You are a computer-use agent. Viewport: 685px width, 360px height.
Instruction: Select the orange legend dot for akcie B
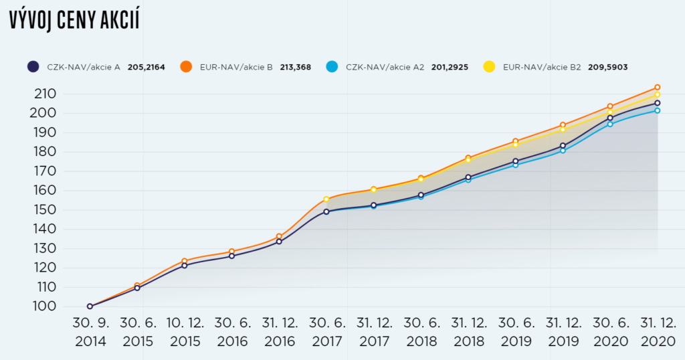point(186,66)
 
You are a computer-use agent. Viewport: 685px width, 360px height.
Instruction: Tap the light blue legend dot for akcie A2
point(332,66)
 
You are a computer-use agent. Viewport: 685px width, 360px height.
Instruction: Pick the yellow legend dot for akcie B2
point(489,66)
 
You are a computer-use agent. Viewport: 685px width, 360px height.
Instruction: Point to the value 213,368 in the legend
point(294,67)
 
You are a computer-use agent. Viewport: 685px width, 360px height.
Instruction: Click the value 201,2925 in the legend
point(450,67)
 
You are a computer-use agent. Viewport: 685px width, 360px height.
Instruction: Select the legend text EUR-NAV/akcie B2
point(542,67)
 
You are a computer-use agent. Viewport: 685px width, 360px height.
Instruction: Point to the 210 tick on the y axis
point(44,94)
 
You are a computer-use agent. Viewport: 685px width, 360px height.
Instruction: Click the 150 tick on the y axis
point(44,209)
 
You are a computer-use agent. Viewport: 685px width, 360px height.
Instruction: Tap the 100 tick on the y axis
point(44,306)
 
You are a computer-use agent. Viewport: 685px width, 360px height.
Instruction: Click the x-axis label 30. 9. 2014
point(90,332)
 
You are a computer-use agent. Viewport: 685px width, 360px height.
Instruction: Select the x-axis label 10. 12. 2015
point(185,332)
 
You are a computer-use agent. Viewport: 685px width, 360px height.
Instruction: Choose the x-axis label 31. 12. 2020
point(657,332)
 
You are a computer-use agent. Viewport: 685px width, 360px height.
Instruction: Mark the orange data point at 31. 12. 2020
point(658,88)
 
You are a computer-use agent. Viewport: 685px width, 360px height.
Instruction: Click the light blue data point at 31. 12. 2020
point(658,110)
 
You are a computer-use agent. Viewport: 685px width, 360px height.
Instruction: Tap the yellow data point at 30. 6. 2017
point(326,199)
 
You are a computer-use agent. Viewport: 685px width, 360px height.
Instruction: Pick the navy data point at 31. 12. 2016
point(279,242)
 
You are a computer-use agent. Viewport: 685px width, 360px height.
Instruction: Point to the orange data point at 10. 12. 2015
point(185,261)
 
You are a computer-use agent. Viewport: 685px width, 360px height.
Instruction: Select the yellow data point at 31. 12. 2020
point(658,95)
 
